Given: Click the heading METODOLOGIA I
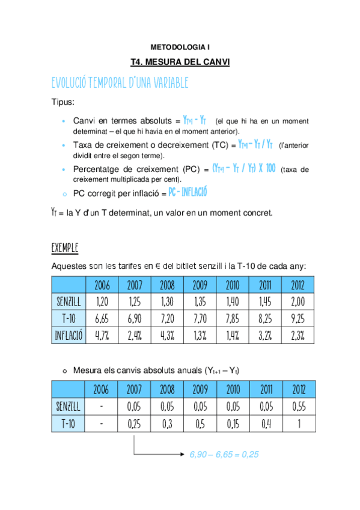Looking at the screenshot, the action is (180, 46).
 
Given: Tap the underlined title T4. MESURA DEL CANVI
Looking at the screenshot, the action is (180, 62).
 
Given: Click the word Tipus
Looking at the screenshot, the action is (63, 103).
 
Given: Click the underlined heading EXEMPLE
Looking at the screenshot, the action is (65, 248).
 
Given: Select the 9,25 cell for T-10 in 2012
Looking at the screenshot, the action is (297, 318).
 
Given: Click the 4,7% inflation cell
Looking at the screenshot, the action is (102, 335).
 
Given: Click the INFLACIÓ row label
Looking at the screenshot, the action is (69, 335).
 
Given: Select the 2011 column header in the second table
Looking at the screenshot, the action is (265, 389).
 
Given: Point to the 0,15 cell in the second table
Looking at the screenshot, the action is (233, 424).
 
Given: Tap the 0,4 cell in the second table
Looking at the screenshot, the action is (265, 424).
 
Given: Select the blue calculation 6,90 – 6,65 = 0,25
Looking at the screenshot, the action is (224, 455).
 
